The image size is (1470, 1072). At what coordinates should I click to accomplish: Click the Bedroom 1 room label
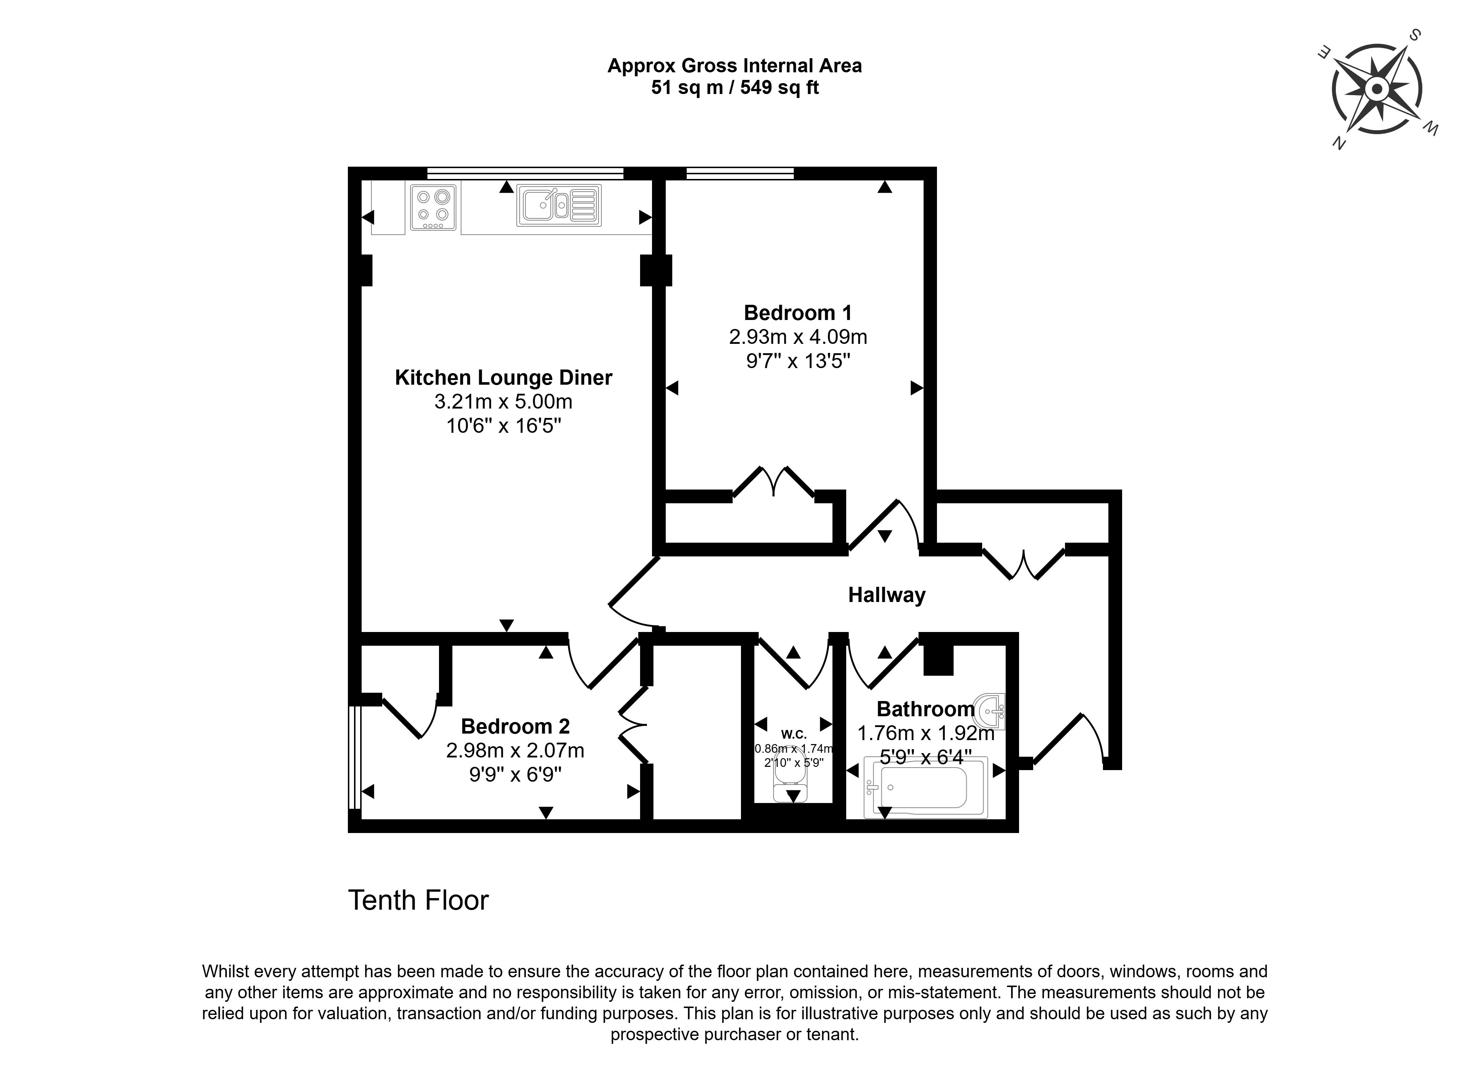click(x=798, y=313)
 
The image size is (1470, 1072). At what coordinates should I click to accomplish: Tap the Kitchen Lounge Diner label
click(x=504, y=378)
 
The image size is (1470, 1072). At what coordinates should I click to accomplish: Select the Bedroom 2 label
click(x=515, y=726)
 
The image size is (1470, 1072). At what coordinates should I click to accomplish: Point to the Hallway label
click(x=887, y=595)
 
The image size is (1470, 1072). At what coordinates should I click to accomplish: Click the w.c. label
click(x=794, y=734)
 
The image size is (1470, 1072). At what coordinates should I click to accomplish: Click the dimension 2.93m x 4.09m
click(x=798, y=337)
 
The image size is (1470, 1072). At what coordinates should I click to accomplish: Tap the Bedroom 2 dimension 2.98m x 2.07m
click(x=515, y=750)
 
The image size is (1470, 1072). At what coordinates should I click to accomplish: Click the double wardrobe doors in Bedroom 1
click(x=773, y=483)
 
